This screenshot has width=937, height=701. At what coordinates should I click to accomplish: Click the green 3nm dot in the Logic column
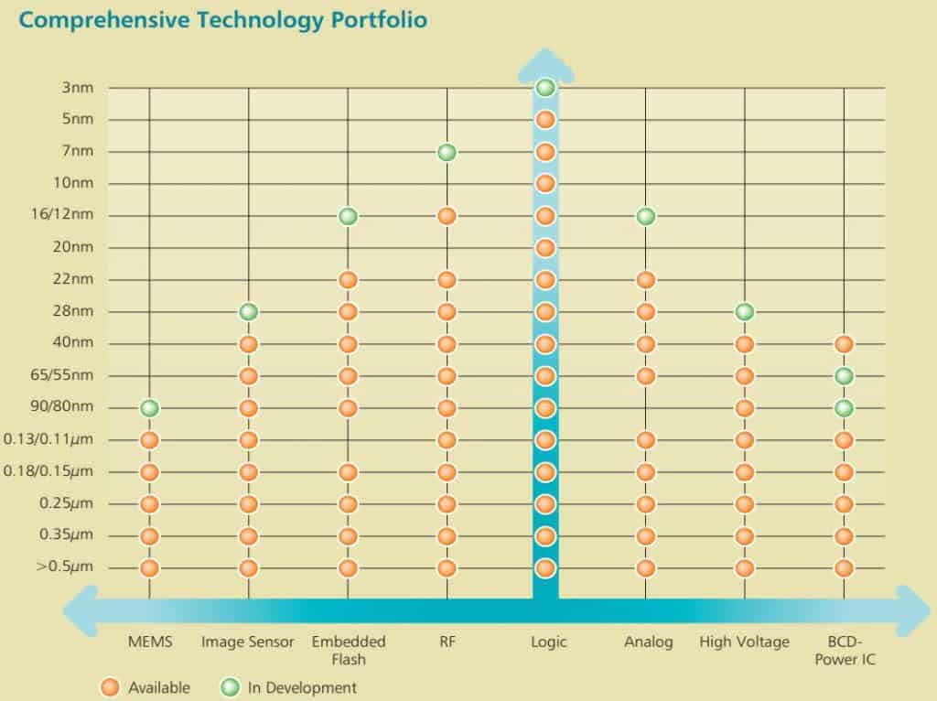tap(545, 88)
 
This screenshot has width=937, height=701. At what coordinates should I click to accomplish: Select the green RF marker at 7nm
tap(447, 152)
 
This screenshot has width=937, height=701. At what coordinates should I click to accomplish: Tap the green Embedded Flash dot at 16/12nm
tap(348, 216)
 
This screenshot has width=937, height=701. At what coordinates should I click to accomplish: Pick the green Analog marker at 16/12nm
tap(645, 216)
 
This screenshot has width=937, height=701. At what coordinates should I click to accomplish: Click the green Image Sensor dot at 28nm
tap(248, 312)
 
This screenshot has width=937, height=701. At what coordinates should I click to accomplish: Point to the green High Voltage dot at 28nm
tap(745, 312)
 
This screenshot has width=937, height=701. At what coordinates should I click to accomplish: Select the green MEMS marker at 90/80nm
tap(149, 408)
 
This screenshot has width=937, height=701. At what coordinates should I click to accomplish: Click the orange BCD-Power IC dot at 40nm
tap(844, 344)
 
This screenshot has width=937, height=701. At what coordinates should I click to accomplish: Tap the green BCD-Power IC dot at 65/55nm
tap(844, 376)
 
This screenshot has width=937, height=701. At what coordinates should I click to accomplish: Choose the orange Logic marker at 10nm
tap(545, 184)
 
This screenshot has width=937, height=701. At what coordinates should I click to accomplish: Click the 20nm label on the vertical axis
tap(74, 247)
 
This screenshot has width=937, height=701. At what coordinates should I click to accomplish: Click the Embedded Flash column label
tap(348, 650)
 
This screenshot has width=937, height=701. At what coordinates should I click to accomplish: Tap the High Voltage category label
tap(744, 642)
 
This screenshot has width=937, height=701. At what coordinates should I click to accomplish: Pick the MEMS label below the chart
tap(149, 642)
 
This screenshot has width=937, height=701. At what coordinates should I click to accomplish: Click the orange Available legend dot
tap(110, 687)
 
